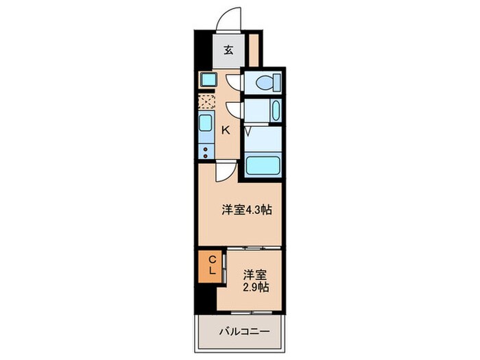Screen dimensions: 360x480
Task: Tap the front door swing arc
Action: pyautogui.click(x=228, y=19)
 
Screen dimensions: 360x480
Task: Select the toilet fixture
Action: pyautogui.click(x=265, y=83)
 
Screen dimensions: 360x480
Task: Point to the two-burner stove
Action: pyautogui.click(x=206, y=151)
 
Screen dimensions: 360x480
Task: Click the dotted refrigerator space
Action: pyautogui.click(x=206, y=101)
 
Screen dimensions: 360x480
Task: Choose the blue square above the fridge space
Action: pyautogui.click(x=207, y=80)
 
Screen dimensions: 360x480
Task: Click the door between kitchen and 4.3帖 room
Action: pyautogui.click(x=224, y=172)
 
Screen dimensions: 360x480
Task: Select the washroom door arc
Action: pyautogui.click(x=235, y=110)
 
